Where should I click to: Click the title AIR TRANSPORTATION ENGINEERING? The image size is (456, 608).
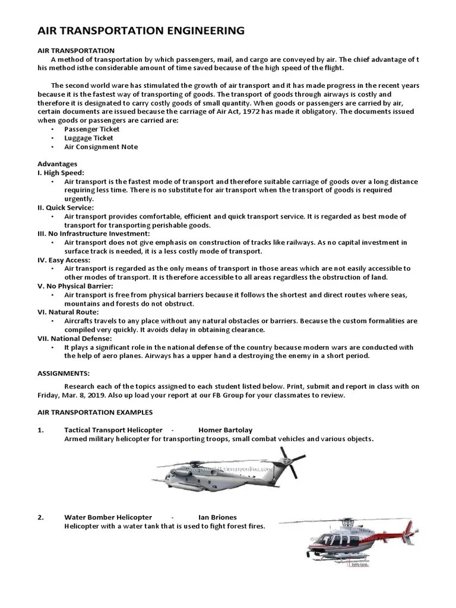point(141,31)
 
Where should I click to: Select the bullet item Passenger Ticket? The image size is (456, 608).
point(91,129)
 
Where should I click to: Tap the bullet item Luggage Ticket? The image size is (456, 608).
point(89,138)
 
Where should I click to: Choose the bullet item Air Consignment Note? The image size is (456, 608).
point(101,147)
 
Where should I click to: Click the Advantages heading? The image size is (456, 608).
point(57,164)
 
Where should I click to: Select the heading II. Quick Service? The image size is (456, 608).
point(65,208)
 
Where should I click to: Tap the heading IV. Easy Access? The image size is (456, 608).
point(64,260)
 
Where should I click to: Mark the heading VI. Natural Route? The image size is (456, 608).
point(68,312)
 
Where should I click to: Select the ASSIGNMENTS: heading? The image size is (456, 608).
point(64,373)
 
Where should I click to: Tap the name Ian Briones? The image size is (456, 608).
point(217,517)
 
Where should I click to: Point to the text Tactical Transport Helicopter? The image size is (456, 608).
point(113,430)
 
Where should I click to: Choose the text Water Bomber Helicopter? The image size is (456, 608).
point(108,517)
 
